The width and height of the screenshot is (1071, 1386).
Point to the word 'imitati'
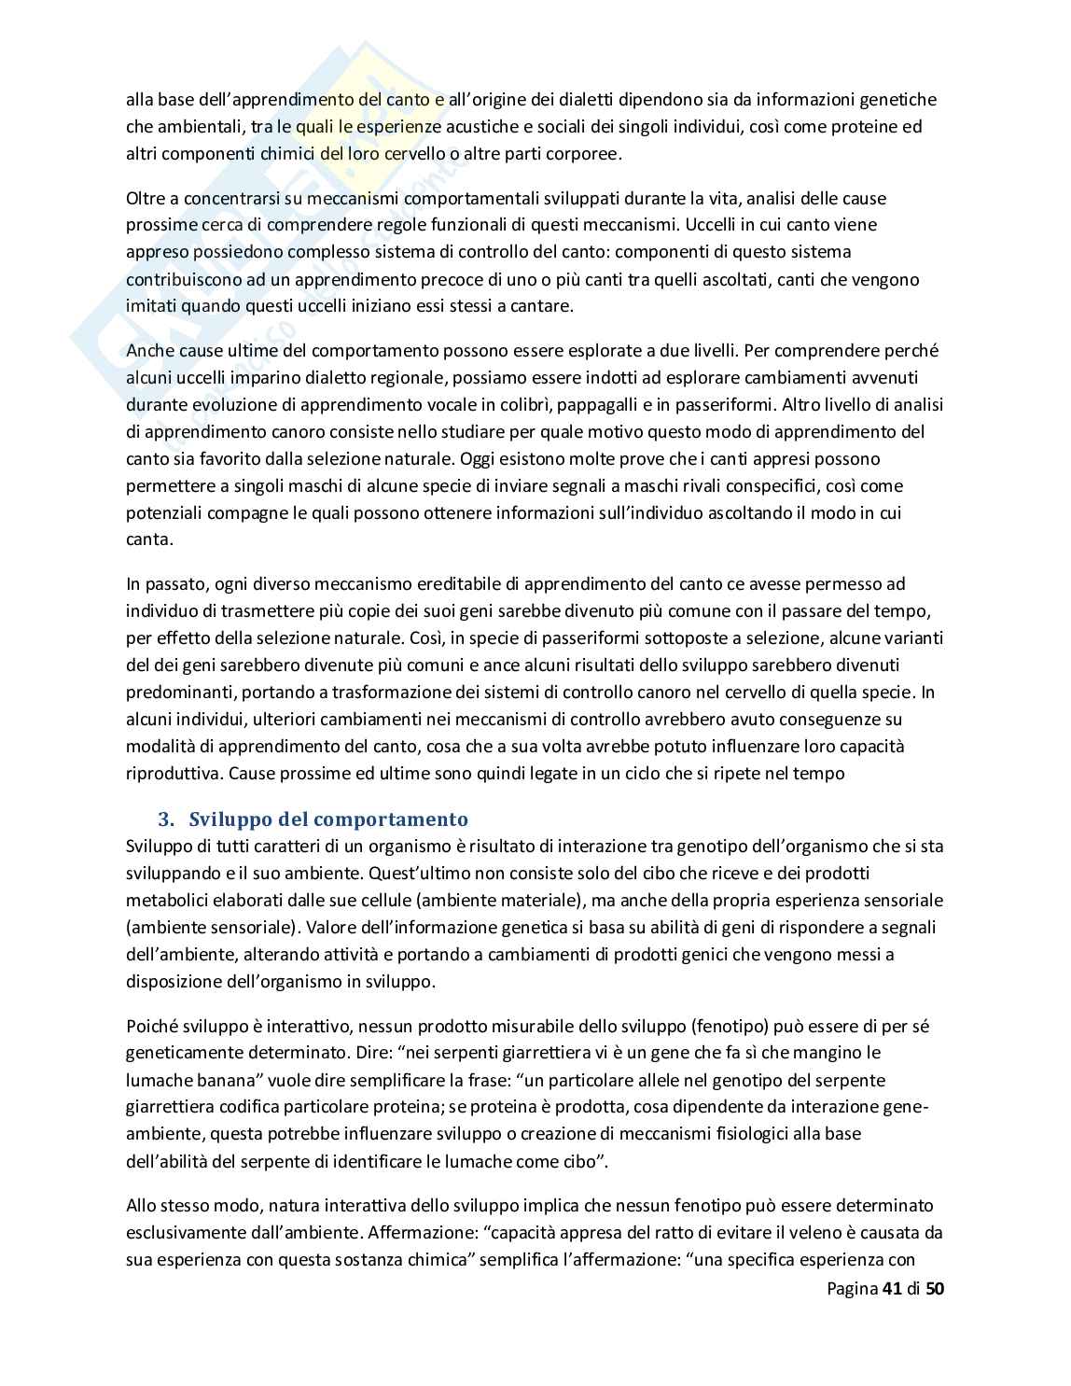[x=151, y=306]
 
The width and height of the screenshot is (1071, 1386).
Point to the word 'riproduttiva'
[x=174, y=774]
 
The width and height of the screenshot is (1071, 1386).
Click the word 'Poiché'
[x=149, y=1027]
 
